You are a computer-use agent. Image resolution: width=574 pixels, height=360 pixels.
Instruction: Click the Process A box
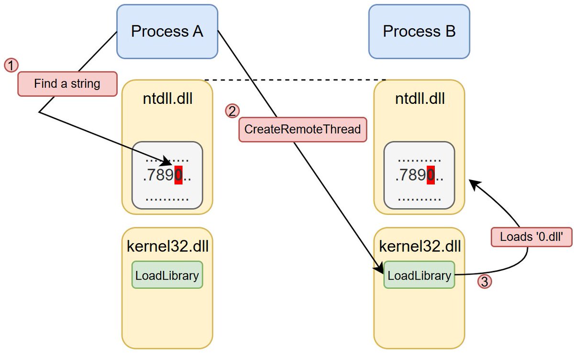167,32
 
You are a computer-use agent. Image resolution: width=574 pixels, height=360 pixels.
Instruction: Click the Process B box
419,32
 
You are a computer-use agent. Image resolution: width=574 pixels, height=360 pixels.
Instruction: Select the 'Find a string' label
67,84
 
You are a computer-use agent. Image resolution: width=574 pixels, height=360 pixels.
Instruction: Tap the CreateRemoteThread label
302,129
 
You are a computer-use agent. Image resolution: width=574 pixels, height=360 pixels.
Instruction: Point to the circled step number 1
11,65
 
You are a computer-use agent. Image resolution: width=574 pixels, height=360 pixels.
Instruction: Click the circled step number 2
232,111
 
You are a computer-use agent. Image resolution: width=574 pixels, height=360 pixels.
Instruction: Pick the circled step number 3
485,282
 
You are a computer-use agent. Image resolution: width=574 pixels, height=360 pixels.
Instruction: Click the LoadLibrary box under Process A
167,275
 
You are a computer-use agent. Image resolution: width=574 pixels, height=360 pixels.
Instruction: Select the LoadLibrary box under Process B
419,275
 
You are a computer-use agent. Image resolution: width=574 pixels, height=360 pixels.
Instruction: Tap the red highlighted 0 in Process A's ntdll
178,176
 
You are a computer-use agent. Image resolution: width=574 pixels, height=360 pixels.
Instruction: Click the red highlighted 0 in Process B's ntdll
430,176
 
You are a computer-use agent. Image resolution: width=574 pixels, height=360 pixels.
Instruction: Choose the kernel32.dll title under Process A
167,247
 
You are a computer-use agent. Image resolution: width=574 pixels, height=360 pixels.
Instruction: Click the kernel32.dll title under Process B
419,247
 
